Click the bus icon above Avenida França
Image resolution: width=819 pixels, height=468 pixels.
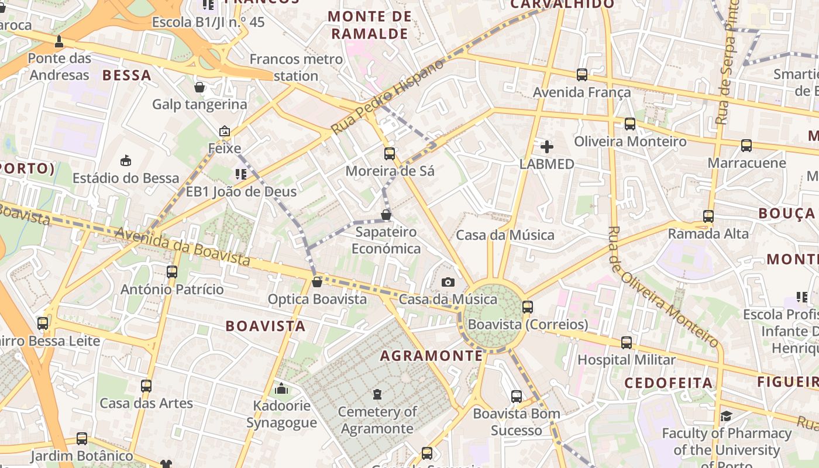(582, 75)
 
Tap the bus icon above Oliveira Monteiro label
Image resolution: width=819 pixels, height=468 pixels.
(630, 124)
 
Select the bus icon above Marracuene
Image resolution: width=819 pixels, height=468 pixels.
(746, 146)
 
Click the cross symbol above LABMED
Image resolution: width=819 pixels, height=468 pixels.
(547, 147)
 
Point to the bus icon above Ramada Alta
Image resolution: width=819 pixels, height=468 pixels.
(708, 216)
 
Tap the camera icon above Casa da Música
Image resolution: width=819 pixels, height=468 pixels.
(448, 283)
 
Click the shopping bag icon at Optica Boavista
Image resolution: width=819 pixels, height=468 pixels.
(317, 282)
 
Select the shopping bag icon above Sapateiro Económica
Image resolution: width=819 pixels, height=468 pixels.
(386, 215)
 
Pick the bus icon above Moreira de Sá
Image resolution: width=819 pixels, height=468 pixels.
(390, 154)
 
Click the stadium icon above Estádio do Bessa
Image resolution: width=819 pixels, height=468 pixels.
(125, 160)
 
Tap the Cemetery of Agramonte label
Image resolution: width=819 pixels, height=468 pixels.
(378, 420)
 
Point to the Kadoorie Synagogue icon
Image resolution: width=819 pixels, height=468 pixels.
(281, 388)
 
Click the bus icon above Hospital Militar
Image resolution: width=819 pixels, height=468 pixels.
(627, 343)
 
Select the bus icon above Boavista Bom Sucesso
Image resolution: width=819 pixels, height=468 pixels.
(517, 397)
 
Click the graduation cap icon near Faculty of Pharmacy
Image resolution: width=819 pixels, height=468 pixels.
(726, 416)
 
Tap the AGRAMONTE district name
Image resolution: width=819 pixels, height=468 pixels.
(432, 356)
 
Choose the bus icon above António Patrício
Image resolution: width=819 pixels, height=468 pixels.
(172, 272)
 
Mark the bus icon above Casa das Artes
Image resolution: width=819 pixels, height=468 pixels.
(146, 386)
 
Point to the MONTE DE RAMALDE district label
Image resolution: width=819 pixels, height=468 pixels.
(370, 25)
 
